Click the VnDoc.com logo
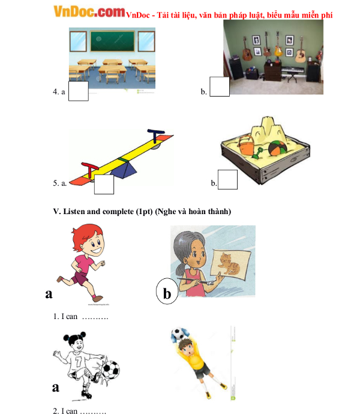coord(89,11)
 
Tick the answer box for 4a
coord(79,91)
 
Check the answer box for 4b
coord(220,86)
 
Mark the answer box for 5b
coord(227,180)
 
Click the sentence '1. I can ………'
coord(80,316)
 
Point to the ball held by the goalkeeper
coord(179,333)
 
